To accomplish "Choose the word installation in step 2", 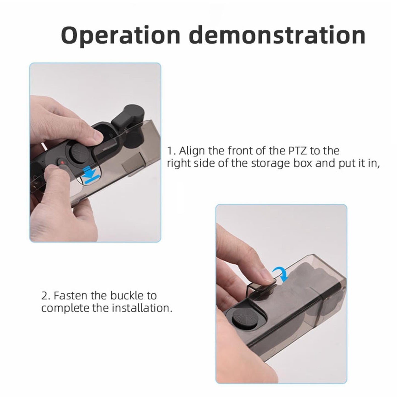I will tap(143, 308).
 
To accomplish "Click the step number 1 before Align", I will tap(170, 151).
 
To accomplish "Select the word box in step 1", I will tap(305, 163).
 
